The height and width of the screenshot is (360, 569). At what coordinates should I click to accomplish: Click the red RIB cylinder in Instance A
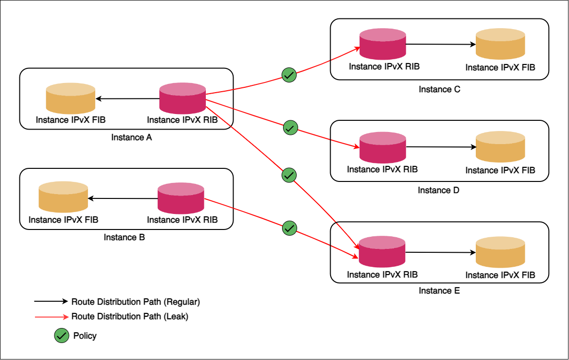pos(183,99)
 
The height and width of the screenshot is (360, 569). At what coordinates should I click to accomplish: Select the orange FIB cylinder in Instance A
pos(70,99)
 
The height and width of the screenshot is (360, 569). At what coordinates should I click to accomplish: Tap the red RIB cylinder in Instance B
pos(181,199)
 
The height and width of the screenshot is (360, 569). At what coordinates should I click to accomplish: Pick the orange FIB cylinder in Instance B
pos(63,199)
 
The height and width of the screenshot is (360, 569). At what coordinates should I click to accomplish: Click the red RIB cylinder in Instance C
pos(382,45)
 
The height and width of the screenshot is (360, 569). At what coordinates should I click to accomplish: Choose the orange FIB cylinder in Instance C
pos(500,46)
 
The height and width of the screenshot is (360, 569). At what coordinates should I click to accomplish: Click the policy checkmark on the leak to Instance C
pos(289,75)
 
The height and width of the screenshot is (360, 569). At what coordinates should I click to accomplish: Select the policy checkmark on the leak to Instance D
pos(290,128)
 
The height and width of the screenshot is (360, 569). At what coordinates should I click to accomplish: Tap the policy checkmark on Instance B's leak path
pos(289,227)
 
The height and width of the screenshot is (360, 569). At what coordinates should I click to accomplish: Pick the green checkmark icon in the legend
pos(61,336)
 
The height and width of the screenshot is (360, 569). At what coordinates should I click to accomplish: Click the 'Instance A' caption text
pos(132,137)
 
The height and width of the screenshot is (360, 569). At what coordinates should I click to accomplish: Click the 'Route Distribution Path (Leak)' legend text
pos(130,316)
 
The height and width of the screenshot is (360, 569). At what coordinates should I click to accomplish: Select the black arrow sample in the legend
pos(50,301)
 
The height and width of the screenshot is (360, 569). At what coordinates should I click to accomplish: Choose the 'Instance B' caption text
pos(124,237)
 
